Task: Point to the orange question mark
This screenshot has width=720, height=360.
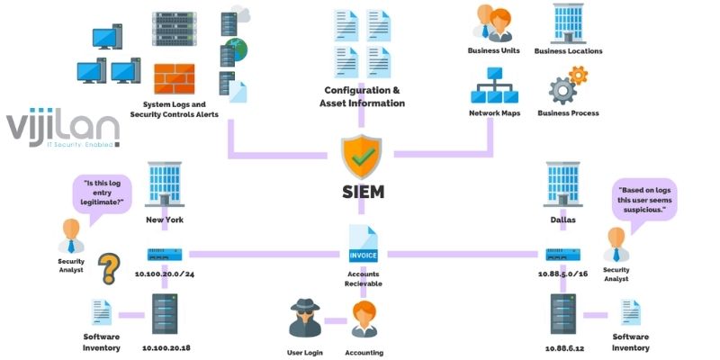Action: [x=109, y=268]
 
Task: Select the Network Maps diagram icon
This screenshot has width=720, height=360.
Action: [x=491, y=94]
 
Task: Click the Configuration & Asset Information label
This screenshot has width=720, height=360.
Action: [x=364, y=97]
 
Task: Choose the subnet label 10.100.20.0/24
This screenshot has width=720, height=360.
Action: [x=165, y=273]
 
